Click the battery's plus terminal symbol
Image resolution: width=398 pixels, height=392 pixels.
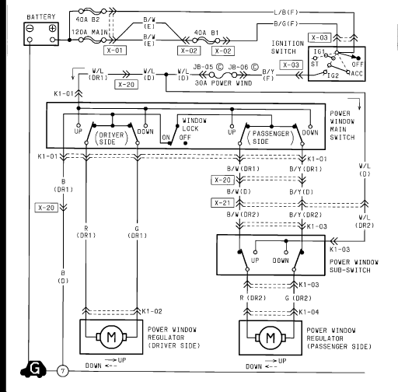(52, 28)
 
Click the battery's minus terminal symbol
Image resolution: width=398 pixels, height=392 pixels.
(30, 28)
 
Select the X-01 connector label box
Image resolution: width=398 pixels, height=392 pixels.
(115, 51)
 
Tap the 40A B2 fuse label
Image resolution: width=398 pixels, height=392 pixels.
(88, 19)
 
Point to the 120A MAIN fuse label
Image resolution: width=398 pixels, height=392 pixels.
(89, 33)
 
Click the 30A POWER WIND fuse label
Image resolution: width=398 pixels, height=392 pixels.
(223, 83)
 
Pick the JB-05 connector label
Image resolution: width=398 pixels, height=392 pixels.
(203, 67)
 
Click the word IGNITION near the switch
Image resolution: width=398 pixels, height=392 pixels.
(288, 44)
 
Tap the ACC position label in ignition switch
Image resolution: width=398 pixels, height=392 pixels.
(357, 74)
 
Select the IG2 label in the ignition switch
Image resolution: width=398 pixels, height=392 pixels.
(333, 75)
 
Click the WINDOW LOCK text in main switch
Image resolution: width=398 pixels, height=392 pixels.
(194, 124)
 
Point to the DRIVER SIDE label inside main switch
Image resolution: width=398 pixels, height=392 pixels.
(111, 138)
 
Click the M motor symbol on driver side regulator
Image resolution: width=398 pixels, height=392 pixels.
(111, 337)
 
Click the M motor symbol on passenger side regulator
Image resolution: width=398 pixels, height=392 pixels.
(271, 338)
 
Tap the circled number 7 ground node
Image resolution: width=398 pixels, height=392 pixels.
(62, 371)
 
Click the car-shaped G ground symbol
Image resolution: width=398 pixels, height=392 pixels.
(34, 369)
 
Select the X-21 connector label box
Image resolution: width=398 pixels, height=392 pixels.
(222, 203)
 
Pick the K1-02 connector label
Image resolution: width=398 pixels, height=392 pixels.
(152, 311)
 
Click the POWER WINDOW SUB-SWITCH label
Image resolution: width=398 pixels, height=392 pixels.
(354, 266)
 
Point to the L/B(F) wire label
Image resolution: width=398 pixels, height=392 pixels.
(286, 12)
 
